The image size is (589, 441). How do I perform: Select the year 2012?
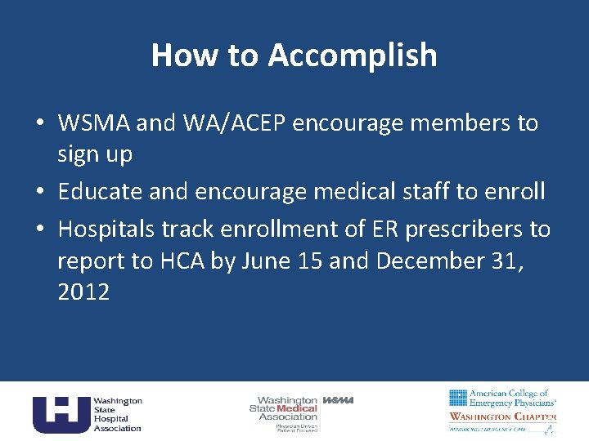click(83, 292)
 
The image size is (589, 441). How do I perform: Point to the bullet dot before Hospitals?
click(39, 230)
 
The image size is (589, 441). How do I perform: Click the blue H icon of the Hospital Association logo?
click(60, 413)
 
